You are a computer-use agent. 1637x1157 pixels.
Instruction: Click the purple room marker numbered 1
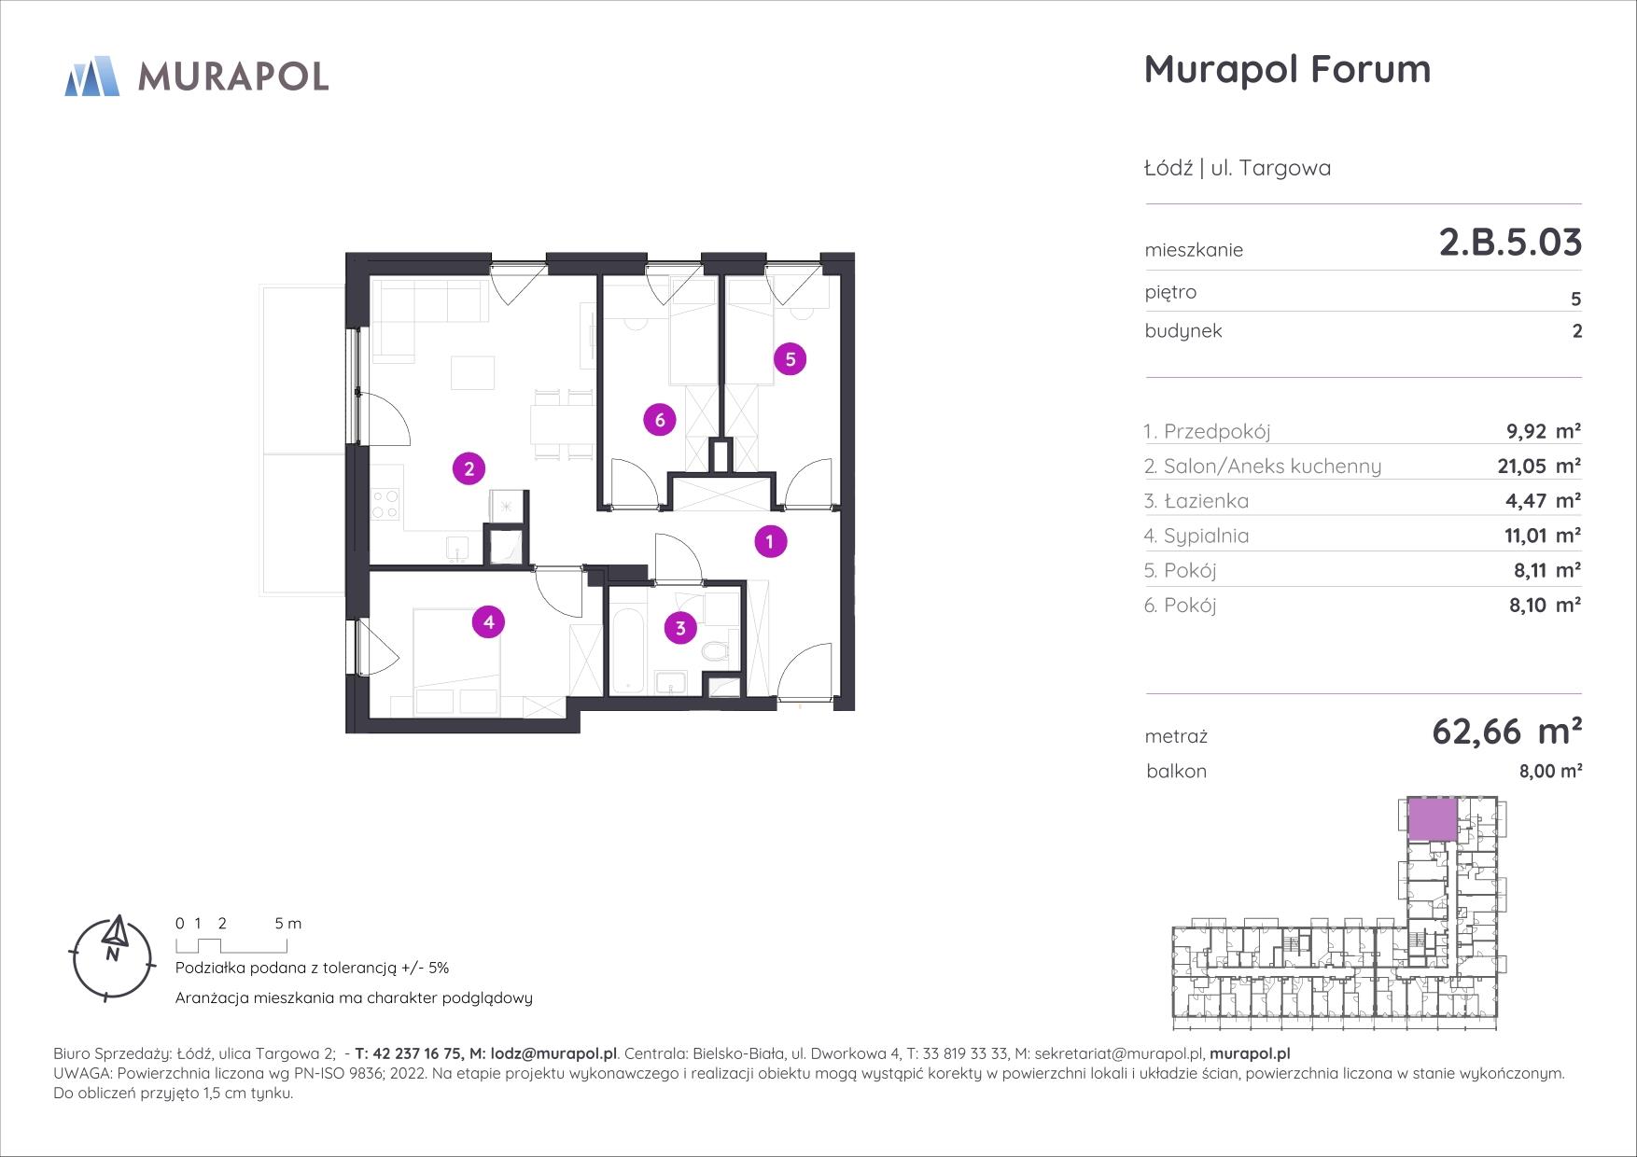770,541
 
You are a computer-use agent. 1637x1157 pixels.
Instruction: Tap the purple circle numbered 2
469,468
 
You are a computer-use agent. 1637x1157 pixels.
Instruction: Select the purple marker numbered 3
680,629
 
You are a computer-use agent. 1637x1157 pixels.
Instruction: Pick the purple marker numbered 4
489,621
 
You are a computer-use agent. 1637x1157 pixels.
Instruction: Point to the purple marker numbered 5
791,359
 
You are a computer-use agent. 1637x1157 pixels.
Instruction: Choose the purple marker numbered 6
660,420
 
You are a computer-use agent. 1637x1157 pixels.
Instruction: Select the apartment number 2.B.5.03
1510,243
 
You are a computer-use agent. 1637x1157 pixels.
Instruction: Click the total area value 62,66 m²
1506,732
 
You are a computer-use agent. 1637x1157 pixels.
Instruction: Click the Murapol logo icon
92,76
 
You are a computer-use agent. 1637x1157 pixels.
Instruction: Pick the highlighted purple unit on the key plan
1432,819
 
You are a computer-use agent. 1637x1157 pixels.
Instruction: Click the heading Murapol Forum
1287,69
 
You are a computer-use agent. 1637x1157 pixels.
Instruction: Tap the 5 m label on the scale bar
288,924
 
